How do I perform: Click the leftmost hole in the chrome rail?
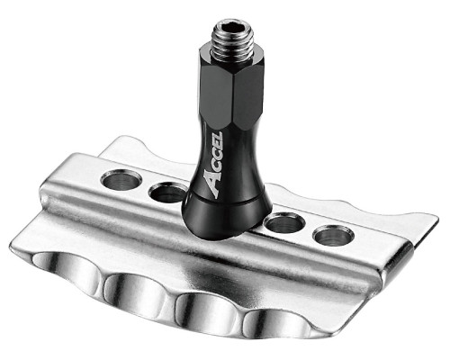coord(121,182)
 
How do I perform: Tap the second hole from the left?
coord(167,193)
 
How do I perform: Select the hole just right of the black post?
coord(285,223)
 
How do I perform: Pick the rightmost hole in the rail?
coord(334,235)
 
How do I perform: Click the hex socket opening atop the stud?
coord(233,29)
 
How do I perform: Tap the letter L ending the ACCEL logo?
coord(218,137)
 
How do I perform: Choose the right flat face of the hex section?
coord(248,96)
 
